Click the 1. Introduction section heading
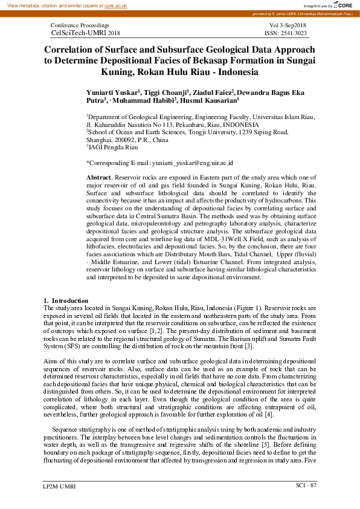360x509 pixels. [66, 300]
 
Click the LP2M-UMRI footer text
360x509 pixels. [59, 486]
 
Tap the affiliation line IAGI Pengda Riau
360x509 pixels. [112, 147]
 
